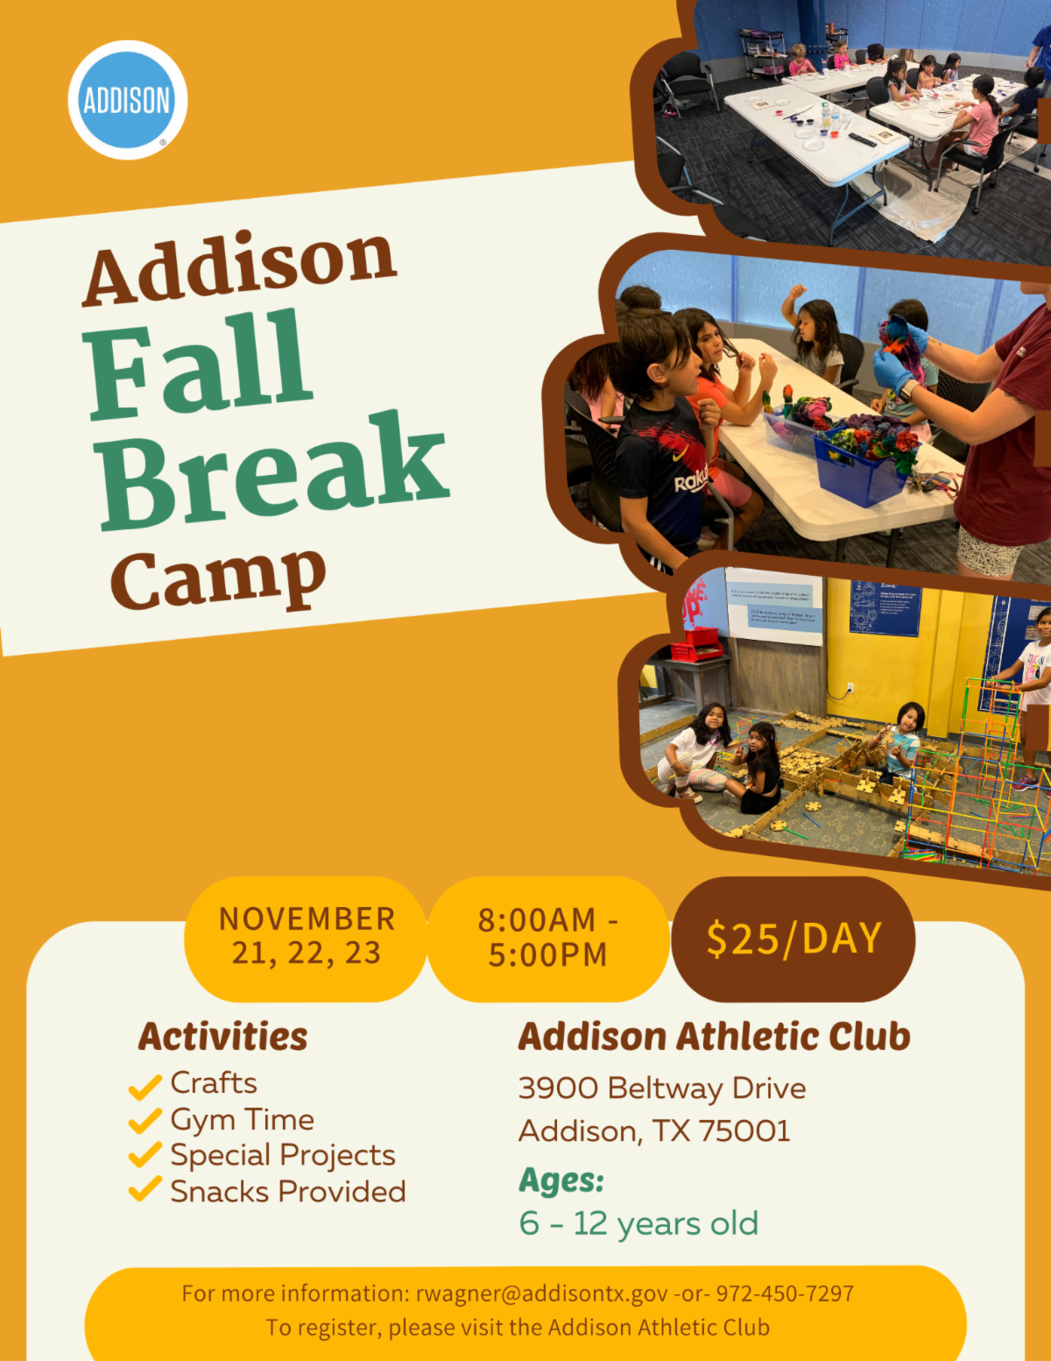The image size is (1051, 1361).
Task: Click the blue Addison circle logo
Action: pyautogui.click(x=127, y=100)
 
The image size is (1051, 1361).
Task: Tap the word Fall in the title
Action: pyautogui.click(x=199, y=367)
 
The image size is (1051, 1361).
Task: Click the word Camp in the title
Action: pyautogui.click(x=219, y=578)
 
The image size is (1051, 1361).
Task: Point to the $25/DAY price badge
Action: pyautogui.click(x=794, y=939)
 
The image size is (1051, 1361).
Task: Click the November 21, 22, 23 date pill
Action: pyautogui.click(x=306, y=937)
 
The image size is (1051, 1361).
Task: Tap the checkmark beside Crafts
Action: pyautogui.click(x=145, y=1086)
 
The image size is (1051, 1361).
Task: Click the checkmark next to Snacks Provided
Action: pyautogui.click(x=145, y=1190)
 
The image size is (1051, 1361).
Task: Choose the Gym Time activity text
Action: pyautogui.click(x=242, y=1120)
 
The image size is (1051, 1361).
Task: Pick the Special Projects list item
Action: pyautogui.click(x=282, y=1156)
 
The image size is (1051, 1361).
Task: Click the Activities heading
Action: pyautogui.click(x=222, y=1037)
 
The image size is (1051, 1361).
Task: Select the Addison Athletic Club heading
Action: pyautogui.click(x=714, y=1037)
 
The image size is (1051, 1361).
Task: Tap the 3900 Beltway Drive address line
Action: pyautogui.click(x=662, y=1088)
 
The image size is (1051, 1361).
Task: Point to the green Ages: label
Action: pyautogui.click(x=561, y=1180)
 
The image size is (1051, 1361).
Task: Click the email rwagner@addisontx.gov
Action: pyautogui.click(x=540, y=1294)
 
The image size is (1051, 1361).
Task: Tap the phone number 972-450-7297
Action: pyautogui.click(x=785, y=1294)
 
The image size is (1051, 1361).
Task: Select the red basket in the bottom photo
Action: pyautogui.click(x=696, y=647)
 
